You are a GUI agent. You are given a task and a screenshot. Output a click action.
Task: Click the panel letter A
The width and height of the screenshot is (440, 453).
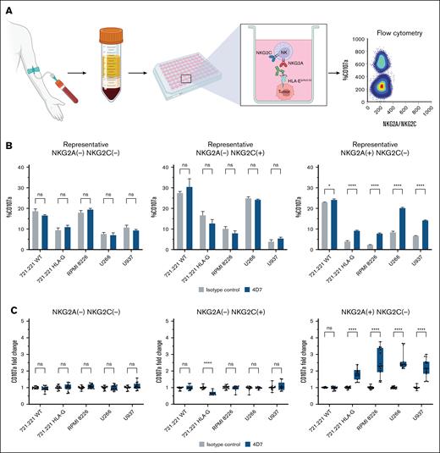[6, 7]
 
